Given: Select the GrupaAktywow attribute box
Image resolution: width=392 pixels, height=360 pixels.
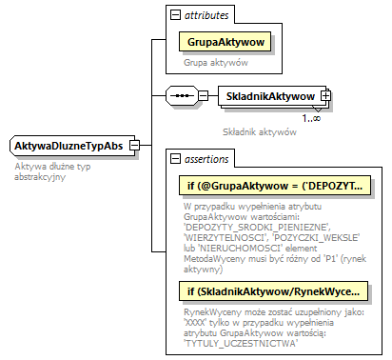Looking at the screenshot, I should point(225,43).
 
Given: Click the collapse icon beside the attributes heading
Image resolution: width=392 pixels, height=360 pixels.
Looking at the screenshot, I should point(173,16).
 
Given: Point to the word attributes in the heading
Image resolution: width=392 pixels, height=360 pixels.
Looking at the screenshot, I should point(206,16).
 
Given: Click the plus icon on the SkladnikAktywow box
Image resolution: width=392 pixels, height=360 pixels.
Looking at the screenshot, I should point(325,96).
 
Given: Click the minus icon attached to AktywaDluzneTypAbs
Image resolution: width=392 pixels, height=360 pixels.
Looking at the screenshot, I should point(134,146).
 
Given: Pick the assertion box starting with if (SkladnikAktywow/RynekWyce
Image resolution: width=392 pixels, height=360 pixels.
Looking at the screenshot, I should point(272,290).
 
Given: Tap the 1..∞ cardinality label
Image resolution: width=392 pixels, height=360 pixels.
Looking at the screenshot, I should point(310,117).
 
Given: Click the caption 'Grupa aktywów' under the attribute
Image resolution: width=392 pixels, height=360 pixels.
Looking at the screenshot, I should point(216,63).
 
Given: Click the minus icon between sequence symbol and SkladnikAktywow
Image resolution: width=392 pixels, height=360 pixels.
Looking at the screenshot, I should point(203,96).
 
